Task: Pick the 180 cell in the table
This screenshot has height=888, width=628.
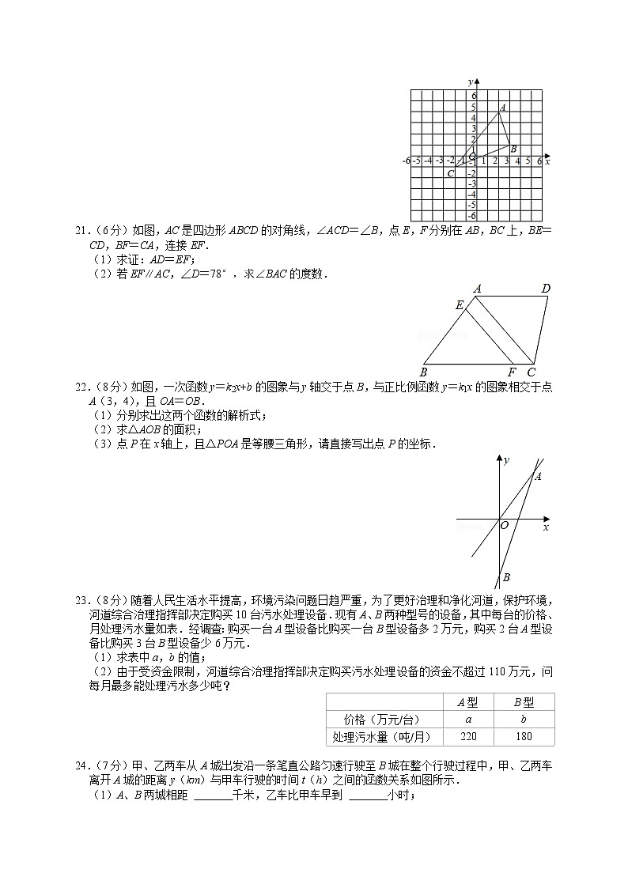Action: click(x=524, y=737)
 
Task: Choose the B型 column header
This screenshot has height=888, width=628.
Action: click(x=524, y=702)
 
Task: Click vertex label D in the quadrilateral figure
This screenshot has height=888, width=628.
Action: click(x=545, y=289)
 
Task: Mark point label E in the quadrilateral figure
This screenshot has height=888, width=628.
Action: click(x=460, y=305)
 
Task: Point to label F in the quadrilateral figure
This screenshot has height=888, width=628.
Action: click(x=512, y=372)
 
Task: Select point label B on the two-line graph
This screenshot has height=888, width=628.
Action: click(x=506, y=578)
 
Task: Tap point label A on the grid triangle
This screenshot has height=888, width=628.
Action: click(x=503, y=107)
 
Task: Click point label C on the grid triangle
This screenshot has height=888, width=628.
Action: click(x=450, y=173)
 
